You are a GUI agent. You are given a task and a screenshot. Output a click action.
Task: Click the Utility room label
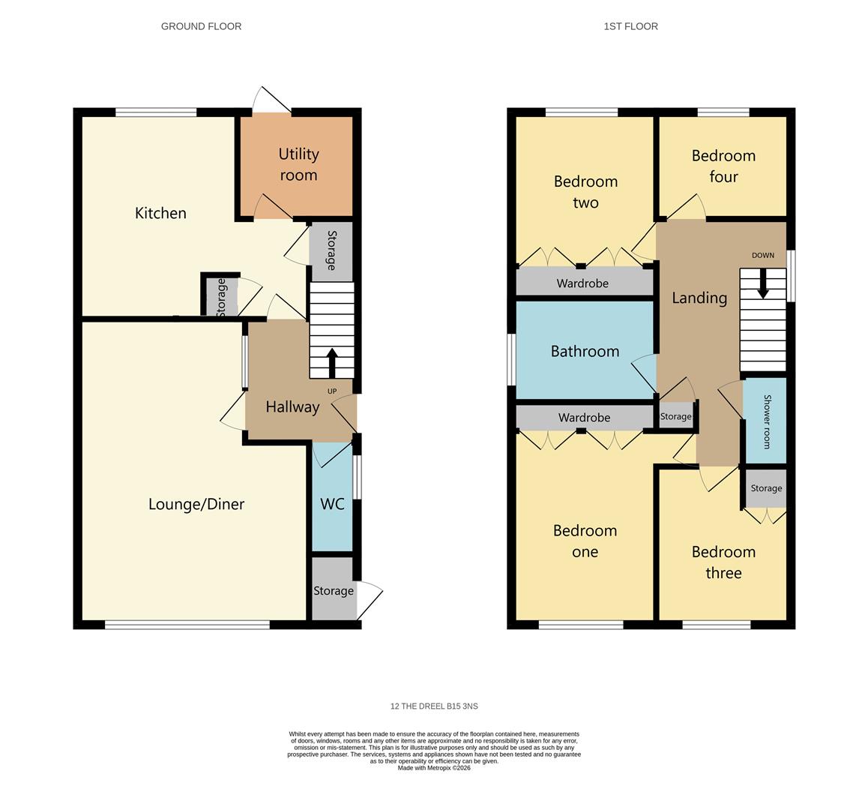tap(298, 164)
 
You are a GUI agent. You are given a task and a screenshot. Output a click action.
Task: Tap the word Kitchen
tap(160, 213)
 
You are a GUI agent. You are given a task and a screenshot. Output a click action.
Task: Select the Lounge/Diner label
tap(196, 504)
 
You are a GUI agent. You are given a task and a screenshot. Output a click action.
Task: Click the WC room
tap(332, 497)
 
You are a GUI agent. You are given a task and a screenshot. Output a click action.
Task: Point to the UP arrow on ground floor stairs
tap(332, 363)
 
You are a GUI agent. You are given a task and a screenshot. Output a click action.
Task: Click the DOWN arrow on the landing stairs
tap(763, 283)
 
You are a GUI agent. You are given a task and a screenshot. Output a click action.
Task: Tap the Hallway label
tap(292, 407)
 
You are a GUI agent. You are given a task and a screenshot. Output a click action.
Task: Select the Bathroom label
tap(585, 351)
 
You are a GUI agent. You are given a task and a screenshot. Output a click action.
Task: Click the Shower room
tap(766, 421)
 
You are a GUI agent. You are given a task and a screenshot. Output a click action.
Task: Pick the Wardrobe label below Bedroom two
tap(582, 283)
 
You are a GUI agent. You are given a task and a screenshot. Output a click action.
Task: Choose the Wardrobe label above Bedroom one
tap(584, 418)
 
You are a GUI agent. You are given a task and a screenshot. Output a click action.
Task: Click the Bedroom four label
tap(723, 166)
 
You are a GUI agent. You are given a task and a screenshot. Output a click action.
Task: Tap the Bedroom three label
tap(723, 562)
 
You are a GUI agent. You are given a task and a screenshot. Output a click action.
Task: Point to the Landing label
tap(699, 298)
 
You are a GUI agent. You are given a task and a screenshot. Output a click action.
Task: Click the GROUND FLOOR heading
tap(201, 26)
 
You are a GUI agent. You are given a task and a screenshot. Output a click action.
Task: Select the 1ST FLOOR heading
tap(630, 26)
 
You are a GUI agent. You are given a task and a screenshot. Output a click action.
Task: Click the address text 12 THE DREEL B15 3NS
tap(434, 706)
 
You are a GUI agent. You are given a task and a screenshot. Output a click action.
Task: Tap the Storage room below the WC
tap(334, 589)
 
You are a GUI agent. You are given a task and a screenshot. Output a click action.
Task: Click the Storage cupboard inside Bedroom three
tap(766, 488)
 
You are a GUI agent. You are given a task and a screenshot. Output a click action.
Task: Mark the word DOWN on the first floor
tap(763, 256)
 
